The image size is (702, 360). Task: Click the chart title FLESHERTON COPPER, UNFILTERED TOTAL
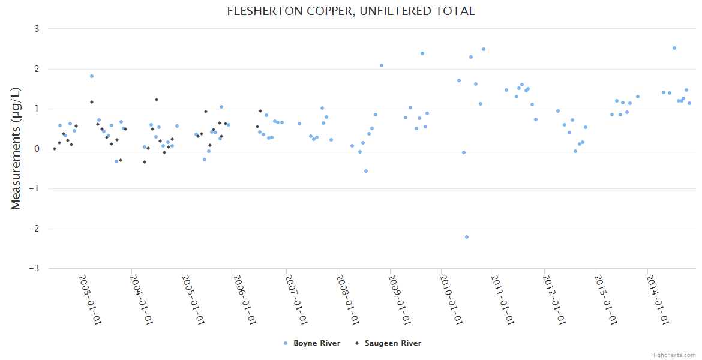click(x=351, y=11)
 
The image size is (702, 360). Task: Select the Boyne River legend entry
click(x=312, y=343)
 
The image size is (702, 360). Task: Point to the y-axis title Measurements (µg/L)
click(x=16, y=149)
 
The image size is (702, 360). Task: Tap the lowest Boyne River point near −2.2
click(x=467, y=237)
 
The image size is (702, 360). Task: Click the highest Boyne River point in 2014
click(x=674, y=48)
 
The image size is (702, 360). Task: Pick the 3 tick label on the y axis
click(x=37, y=29)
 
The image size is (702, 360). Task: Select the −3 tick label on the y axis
click(x=34, y=269)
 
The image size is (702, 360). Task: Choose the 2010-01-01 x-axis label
click(x=451, y=299)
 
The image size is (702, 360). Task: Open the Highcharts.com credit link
click(x=673, y=355)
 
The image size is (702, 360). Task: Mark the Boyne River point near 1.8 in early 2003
click(x=92, y=76)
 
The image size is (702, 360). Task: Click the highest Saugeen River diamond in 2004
click(x=157, y=100)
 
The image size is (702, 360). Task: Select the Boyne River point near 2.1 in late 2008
click(x=382, y=65)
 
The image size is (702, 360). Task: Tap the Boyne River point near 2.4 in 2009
click(x=422, y=53)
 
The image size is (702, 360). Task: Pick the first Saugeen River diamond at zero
click(x=55, y=149)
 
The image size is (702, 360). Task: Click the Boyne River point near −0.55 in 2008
click(x=366, y=171)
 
